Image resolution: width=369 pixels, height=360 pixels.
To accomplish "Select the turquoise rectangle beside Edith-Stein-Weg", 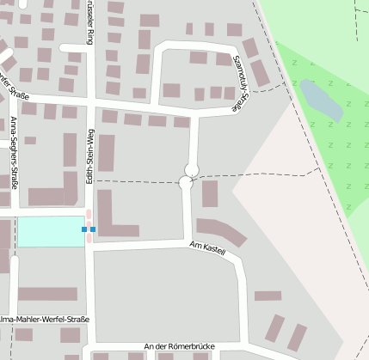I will coord(51,230).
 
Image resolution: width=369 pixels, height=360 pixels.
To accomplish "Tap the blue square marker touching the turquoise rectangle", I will coord(84,229).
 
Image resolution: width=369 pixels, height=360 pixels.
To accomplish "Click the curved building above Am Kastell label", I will coord(221,231).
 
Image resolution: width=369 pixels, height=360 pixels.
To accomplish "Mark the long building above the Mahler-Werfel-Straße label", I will coord(47,294).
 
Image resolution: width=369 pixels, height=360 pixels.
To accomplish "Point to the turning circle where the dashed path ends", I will coord(186,182).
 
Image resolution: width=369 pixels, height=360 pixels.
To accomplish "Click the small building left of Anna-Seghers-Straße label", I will coord(30,140).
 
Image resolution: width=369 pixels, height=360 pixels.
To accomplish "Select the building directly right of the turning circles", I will coord(210,193).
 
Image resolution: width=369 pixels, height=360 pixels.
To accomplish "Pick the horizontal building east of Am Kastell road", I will coord(268,296).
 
